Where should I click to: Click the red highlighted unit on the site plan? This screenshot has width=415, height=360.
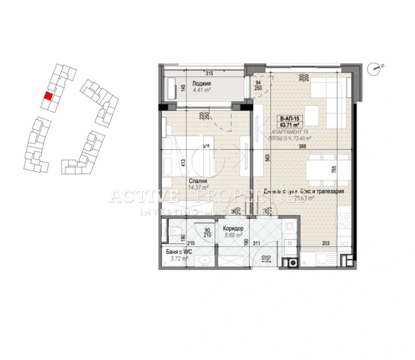tap(48, 96)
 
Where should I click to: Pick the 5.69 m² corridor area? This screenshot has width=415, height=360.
tap(233, 235)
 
